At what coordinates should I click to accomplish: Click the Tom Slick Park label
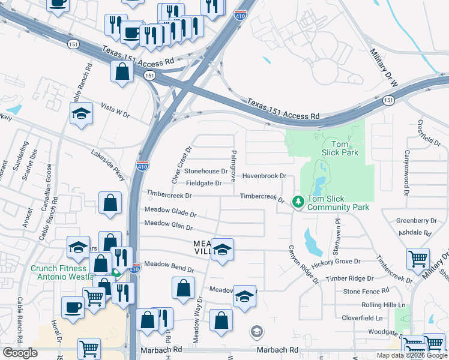pyautogui.click(x=340, y=148)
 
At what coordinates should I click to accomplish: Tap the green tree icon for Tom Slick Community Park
pyautogui.click(x=297, y=202)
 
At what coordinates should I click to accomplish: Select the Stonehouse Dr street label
pyautogui.click(x=205, y=171)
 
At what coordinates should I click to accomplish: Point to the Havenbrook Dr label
pyautogui.click(x=264, y=176)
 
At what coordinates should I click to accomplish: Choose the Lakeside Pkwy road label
pyautogui.click(x=108, y=166)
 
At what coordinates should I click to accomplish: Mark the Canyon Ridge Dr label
pyautogui.click(x=303, y=265)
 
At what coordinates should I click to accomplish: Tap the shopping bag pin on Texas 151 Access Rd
pyautogui.click(x=122, y=71)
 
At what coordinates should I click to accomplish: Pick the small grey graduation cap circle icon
pyautogui.click(x=256, y=332)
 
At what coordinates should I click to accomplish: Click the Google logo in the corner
pyautogui.click(x=20, y=353)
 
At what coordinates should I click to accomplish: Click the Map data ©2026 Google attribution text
pyautogui.click(x=411, y=355)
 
